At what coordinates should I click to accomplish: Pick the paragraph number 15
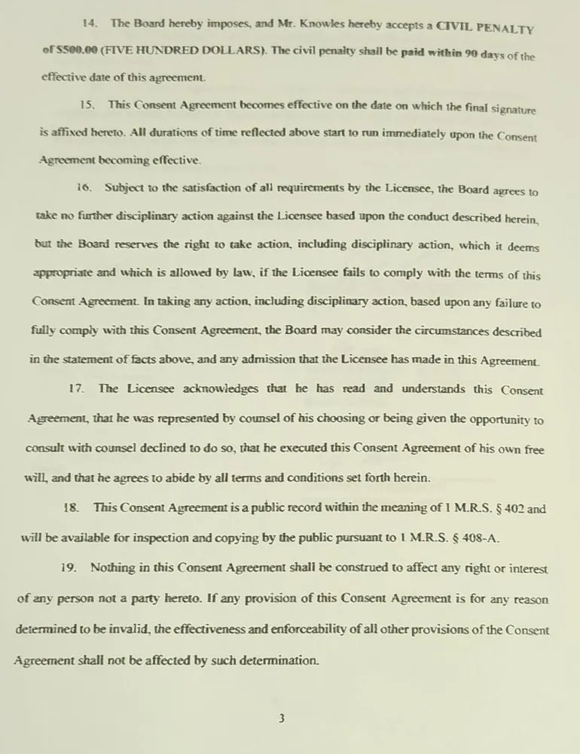pos(88,103)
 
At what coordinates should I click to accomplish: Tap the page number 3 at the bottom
pos(281,719)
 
